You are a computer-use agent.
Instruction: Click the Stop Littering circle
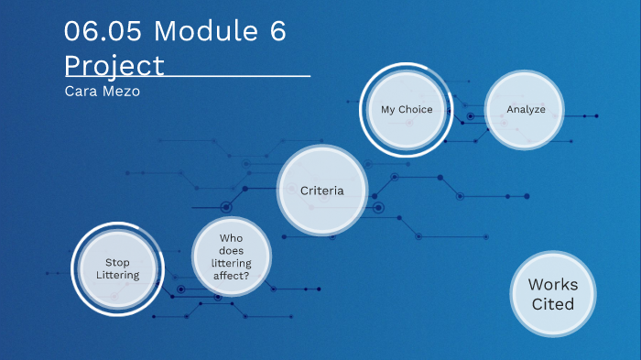[x=117, y=268]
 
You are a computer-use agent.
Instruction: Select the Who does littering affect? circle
[x=232, y=256]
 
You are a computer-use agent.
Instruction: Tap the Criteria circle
[x=322, y=191]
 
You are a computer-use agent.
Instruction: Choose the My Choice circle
[x=407, y=109]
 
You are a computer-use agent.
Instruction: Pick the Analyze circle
[x=526, y=109]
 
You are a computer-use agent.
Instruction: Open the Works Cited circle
[x=553, y=293]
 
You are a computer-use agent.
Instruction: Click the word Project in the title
[x=114, y=66]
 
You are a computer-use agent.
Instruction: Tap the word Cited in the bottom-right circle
[x=553, y=303]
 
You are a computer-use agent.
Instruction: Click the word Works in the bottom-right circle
[x=553, y=284]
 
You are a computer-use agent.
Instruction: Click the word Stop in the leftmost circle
[x=117, y=262]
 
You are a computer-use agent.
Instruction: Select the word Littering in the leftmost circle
[x=117, y=275]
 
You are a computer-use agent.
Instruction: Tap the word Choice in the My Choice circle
[x=415, y=109]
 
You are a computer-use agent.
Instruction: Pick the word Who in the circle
[x=232, y=237]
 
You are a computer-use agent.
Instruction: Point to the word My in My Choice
[x=388, y=109]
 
